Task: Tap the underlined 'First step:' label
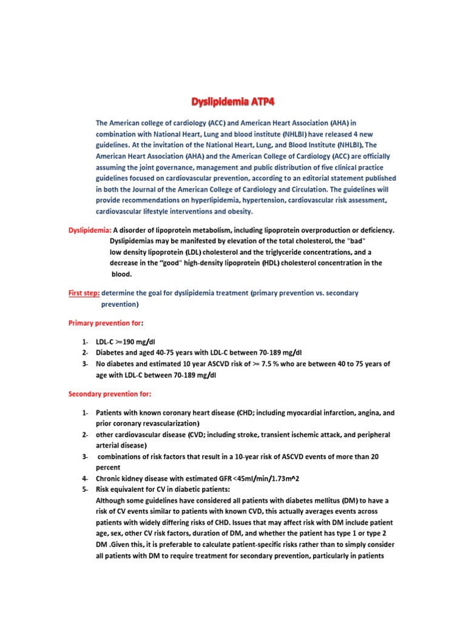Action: tap(84, 293)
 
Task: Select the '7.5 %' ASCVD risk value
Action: tap(248, 364)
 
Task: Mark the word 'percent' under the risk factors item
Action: tap(109, 468)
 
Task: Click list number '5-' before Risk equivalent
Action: tap(86, 489)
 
